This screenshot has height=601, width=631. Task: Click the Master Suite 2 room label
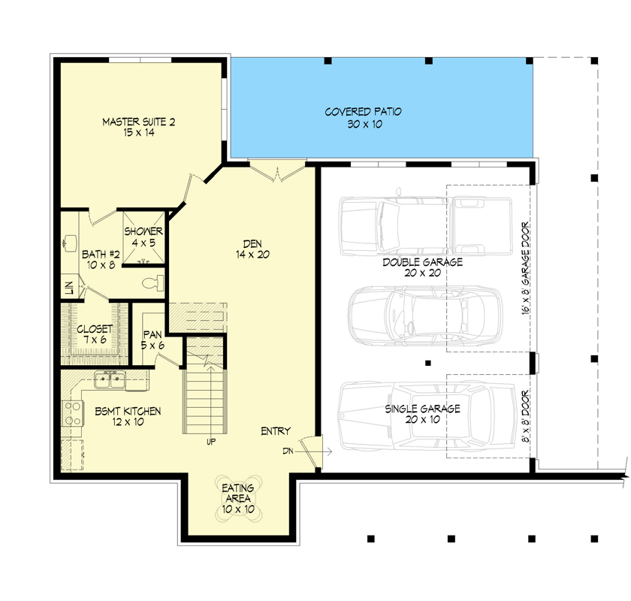tap(138, 121)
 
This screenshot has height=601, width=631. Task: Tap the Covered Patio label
tap(363, 112)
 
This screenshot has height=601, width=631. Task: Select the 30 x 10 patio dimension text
tap(364, 124)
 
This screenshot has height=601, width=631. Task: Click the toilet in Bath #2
tap(152, 282)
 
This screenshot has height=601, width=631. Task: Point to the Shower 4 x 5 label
tap(143, 237)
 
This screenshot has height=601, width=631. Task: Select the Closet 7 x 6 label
tap(95, 334)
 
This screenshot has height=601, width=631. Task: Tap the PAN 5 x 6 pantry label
tap(153, 340)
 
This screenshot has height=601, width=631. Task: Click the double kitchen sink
tap(110, 379)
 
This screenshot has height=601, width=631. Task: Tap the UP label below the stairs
tap(211, 442)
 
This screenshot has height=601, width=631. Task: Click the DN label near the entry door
tap(287, 452)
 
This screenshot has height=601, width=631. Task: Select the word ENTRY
tap(276, 431)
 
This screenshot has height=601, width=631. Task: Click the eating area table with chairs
tap(237, 489)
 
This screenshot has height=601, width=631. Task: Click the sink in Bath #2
tap(71, 242)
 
